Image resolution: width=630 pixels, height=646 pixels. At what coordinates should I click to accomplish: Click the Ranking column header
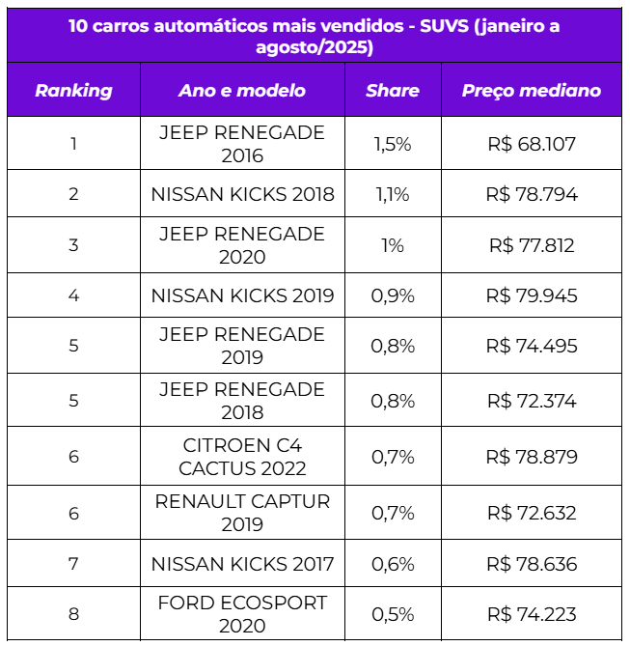[73, 91]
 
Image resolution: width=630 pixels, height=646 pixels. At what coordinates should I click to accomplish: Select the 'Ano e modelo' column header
[242, 91]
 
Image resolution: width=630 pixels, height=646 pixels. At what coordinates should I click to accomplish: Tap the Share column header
[392, 91]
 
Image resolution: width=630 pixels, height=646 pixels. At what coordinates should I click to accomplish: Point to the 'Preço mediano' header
[531, 91]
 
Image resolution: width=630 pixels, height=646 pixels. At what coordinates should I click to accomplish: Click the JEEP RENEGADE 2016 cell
[242, 144]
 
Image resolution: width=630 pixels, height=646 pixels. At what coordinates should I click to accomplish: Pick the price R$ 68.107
[532, 144]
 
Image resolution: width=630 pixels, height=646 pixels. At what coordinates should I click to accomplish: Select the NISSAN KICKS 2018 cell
[242, 194]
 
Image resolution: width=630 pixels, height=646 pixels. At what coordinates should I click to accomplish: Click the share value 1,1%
[392, 194]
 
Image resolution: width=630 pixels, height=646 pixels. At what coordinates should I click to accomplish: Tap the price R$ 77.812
[532, 245]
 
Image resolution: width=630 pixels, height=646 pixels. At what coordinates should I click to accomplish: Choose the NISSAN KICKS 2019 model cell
[242, 295]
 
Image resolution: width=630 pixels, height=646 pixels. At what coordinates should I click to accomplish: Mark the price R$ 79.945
[532, 295]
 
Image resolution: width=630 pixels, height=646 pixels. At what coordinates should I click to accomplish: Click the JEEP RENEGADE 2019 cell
[242, 346]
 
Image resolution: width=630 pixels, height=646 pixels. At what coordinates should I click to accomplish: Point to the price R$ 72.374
[532, 401]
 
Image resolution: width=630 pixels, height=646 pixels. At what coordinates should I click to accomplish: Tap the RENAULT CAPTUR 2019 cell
[242, 513]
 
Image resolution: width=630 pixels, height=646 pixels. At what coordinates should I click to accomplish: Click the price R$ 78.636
[532, 564]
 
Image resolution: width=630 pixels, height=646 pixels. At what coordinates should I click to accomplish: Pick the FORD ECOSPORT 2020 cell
[242, 614]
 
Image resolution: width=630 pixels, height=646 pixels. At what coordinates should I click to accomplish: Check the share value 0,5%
[392, 614]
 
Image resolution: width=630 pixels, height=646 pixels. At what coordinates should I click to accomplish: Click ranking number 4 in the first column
[73, 295]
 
